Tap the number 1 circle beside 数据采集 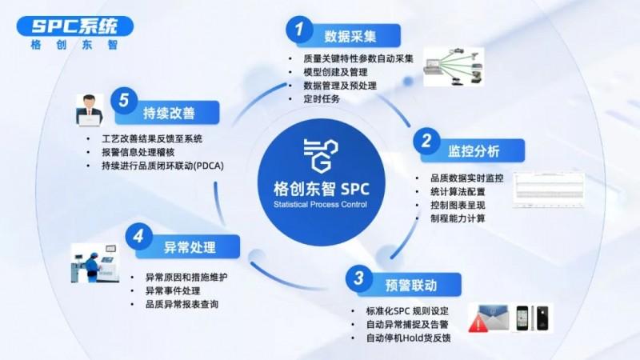[298, 30]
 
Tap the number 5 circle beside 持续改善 [122, 101]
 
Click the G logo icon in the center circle [322, 153]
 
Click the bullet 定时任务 [322, 99]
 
